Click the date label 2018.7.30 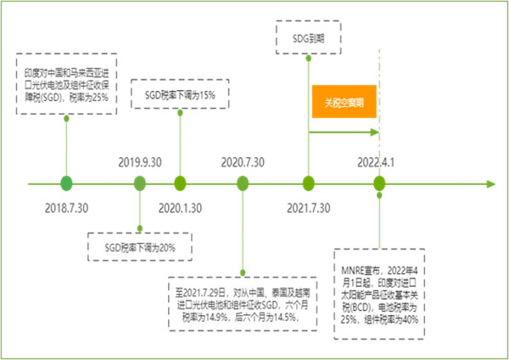[66, 208]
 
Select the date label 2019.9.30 [140, 162]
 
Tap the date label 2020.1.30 [180, 208]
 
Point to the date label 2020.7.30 [243, 162]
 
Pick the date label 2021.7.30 [309, 208]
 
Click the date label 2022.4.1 [376, 162]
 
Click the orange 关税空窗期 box [344, 101]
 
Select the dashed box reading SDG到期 [309, 37]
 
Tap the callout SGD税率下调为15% [180, 94]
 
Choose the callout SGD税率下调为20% [140, 247]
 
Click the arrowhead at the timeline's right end [491, 184]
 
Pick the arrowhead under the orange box [375, 132]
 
